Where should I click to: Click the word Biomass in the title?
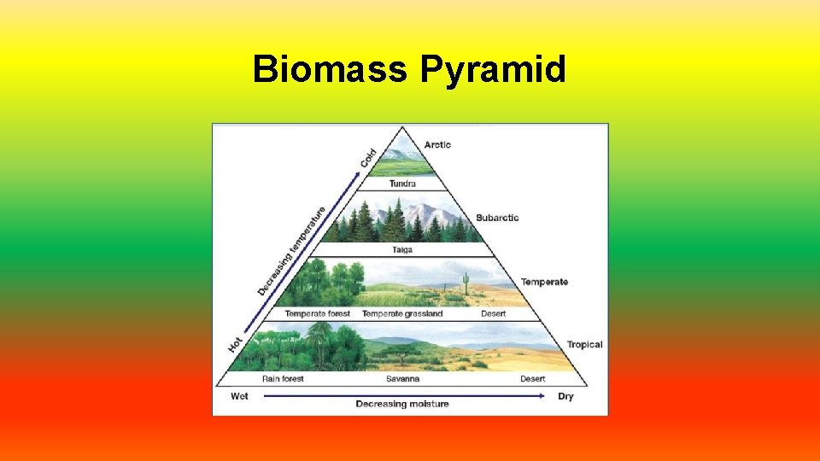[330, 70]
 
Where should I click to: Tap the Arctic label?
[437, 145]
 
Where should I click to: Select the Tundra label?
[402, 184]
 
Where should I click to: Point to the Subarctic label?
[497, 218]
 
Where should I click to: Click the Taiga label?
[402, 250]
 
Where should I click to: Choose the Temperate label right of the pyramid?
[544, 282]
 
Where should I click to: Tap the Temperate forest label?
[318, 314]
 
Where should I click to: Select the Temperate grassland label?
[402, 314]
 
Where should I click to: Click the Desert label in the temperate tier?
[493, 314]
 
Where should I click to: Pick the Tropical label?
[584, 345]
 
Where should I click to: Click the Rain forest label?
[283, 379]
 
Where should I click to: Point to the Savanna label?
[402, 379]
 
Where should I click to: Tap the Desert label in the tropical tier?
[533, 379]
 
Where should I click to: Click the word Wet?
[239, 396]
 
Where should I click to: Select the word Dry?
[565, 396]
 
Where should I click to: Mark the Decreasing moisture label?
[402, 404]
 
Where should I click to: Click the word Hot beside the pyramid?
[236, 344]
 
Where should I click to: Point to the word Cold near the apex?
[368, 158]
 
